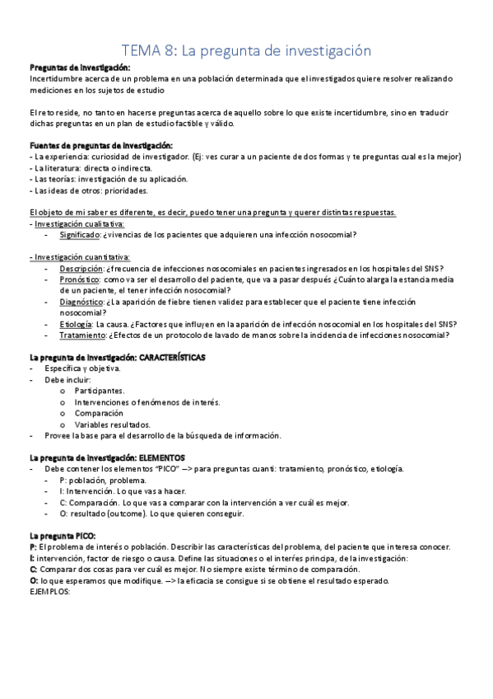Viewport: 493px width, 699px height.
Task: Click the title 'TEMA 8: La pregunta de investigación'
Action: coord(246,51)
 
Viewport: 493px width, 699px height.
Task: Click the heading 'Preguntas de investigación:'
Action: coord(81,68)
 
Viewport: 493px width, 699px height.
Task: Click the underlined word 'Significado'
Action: coord(80,235)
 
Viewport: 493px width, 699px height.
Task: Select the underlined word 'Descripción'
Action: coord(81,268)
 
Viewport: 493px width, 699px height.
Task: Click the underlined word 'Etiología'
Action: coord(76,324)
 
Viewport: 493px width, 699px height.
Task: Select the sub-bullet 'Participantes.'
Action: coord(100,391)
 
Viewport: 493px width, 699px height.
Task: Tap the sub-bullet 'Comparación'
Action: coord(99,413)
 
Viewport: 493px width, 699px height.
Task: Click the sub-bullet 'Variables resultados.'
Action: coord(112,425)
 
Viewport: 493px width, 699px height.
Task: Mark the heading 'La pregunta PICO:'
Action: coord(62,536)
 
